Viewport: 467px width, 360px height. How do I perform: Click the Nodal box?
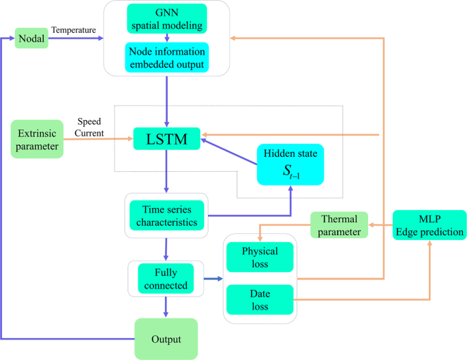coord(31,39)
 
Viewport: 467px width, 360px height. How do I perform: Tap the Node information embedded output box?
coord(167,58)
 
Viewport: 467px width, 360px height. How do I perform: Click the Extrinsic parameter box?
coord(37,138)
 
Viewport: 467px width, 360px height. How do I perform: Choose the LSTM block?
coord(167,139)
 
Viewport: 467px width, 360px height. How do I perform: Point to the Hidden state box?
coord(290,164)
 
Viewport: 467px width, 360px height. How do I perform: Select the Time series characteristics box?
coord(166,215)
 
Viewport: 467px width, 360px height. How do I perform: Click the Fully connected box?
coord(166,278)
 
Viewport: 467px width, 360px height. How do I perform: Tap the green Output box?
coord(166,338)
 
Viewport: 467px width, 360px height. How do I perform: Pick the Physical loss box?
coord(260,256)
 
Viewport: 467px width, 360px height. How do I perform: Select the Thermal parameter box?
coord(339,225)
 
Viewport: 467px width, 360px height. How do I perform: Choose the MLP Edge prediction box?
coord(430,225)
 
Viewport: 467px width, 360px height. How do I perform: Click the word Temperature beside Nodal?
coord(74,30)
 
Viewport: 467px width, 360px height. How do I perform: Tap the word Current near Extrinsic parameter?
coord(89,133)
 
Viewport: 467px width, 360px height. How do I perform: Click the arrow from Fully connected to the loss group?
coord(213,278)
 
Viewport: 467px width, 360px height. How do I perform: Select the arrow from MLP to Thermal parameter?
coord(380,225)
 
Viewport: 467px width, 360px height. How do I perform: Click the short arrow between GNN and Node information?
coord(167,38)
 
